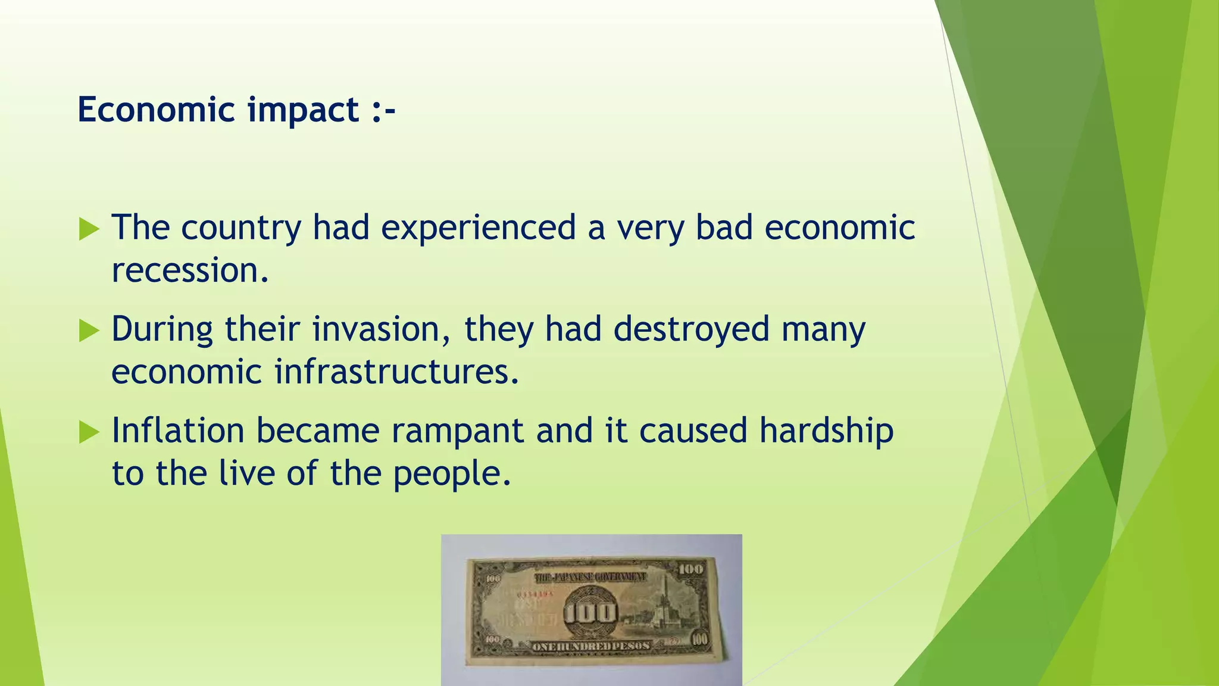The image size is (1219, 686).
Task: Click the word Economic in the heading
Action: pos(157,110)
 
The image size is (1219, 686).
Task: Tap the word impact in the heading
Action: pos(303,111)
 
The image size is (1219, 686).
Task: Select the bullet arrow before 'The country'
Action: pos(89,229)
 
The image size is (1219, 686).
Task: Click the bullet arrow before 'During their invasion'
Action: pos(89,330)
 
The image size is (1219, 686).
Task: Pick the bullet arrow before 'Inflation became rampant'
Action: pos(89,432)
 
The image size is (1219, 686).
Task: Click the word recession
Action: pos(190,271)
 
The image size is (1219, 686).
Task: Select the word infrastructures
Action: pos(396,372)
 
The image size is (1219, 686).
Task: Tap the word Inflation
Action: pos(178,431)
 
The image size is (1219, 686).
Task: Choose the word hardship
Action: pos(826,431)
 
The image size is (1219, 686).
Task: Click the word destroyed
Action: pos(692,329)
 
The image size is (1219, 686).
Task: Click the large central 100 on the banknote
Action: pos(590,613)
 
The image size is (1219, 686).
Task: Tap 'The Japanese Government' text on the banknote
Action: pos(590,577)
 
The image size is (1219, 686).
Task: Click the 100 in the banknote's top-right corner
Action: pos(690,569)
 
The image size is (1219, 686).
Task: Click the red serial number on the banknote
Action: pos(535,594)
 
